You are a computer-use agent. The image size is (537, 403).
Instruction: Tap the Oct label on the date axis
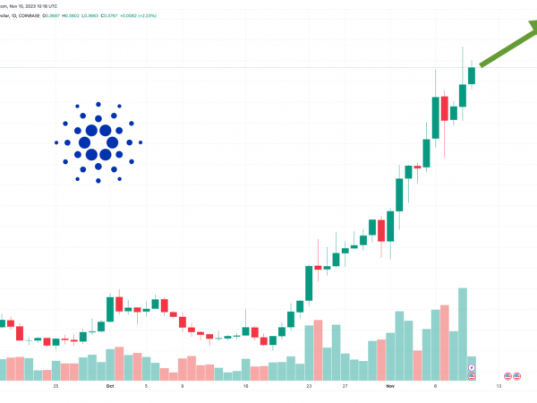click(110, 386)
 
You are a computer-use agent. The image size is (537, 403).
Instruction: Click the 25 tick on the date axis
click(55, 386)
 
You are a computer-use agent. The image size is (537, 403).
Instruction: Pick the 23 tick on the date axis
click(309, 386)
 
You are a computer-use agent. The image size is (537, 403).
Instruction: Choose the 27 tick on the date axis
click(345, 386)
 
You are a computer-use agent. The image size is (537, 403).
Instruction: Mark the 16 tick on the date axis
click(245, 386)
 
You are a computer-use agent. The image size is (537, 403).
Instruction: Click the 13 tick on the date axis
click(499, 386)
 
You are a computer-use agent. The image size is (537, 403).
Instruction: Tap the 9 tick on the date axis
click(182, 386)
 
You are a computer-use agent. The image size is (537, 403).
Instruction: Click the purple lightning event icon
click(472, 367)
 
